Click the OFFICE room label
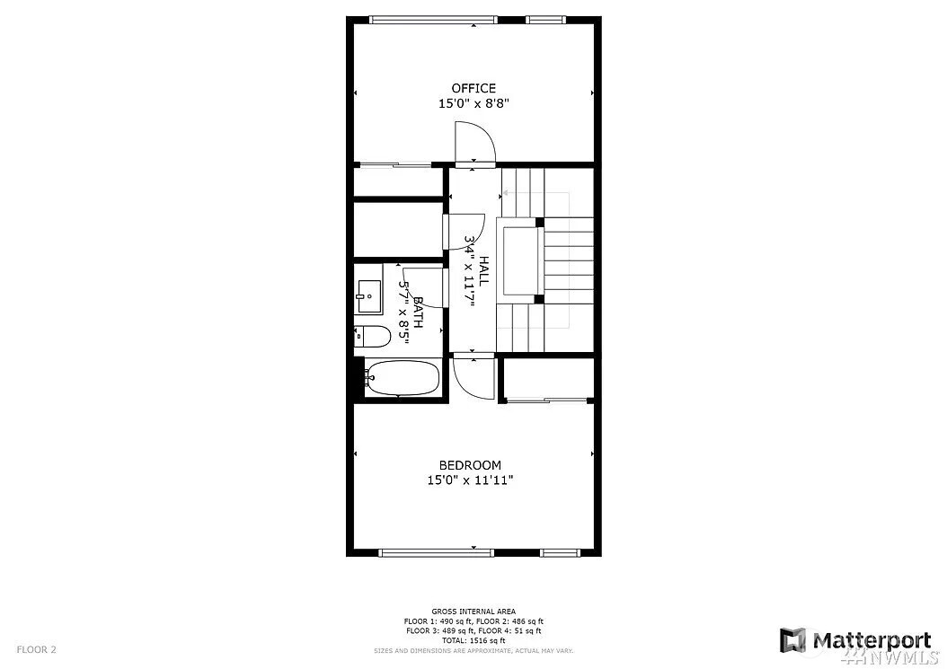(473, 88)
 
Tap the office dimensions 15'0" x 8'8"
(473, 103)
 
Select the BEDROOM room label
(470, 465)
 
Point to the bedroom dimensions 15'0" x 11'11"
(470, 480)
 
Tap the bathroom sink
(369, 296)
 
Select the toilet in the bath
(372, 337)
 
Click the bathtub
(402, 379)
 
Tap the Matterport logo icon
(792, 640)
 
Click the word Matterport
(871, 640)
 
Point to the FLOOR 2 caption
(36, 649)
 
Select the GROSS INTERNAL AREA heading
(473, 612)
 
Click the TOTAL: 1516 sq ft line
(473, 640)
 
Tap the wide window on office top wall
(433, 20)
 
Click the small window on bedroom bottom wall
(559, 552)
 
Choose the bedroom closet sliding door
(546, 400)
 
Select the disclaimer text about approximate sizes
(473, 651)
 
